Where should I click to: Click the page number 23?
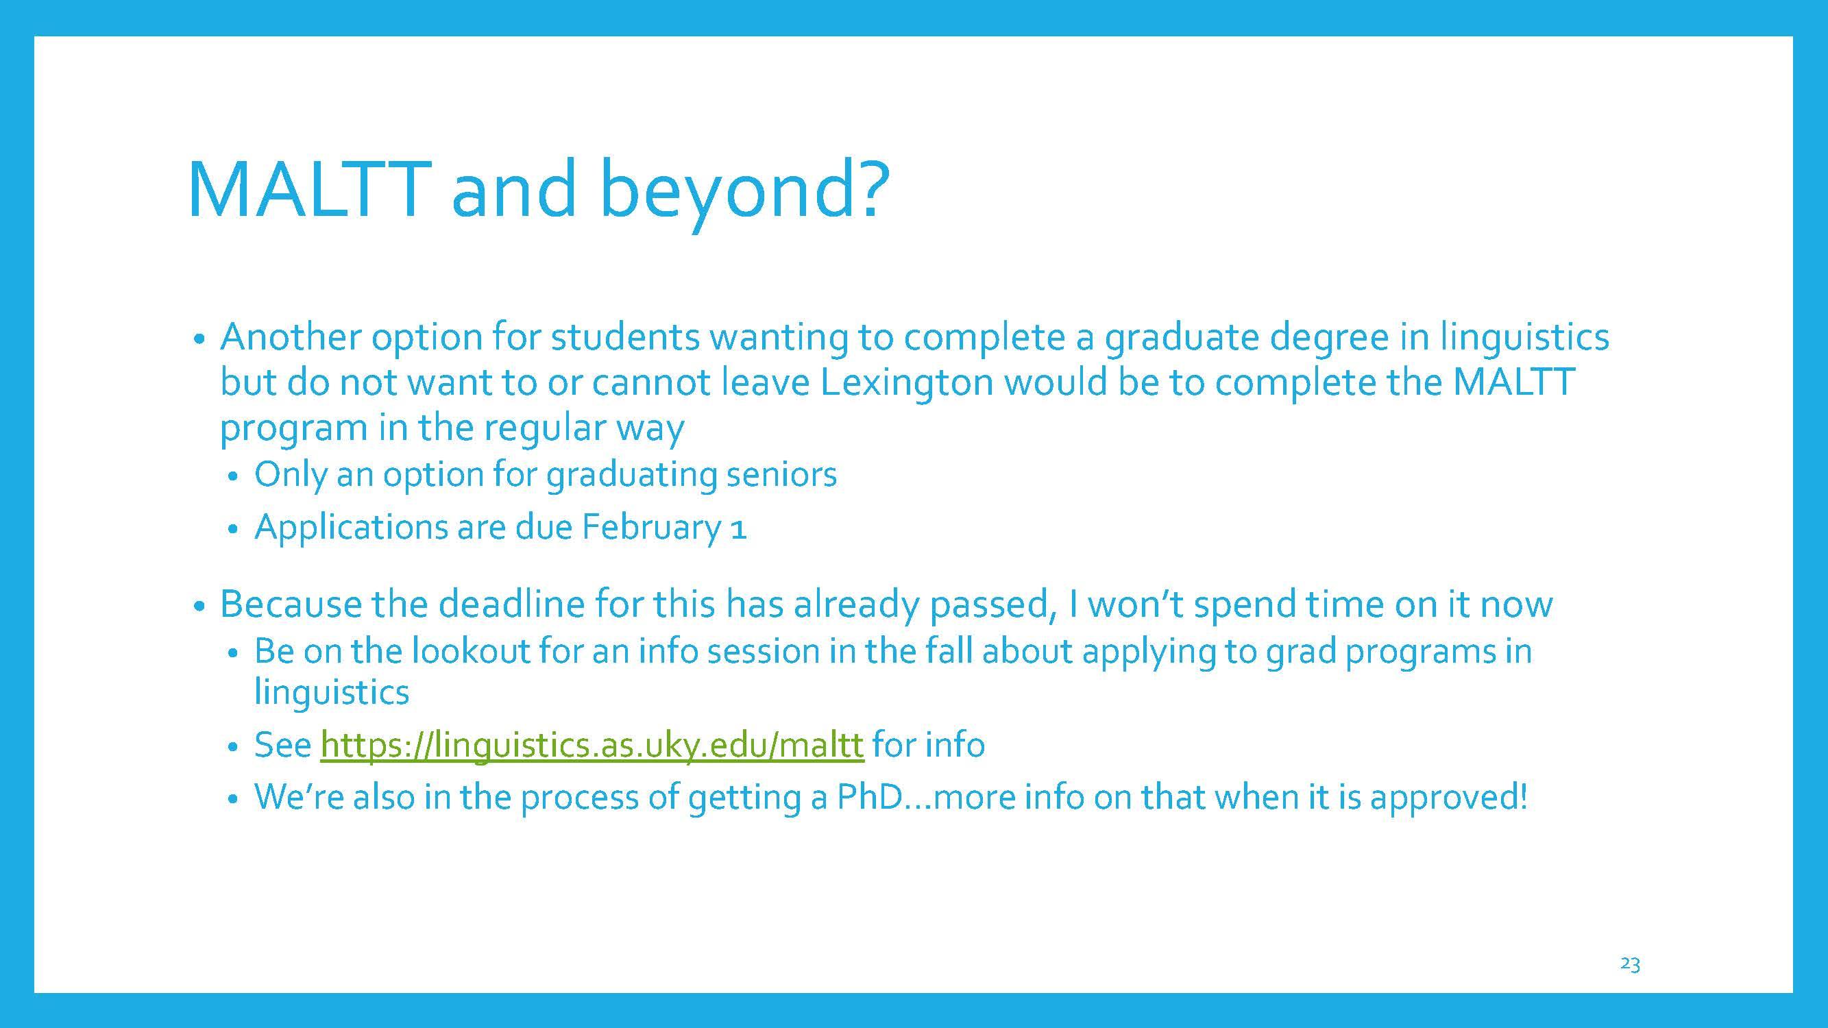[x=1630, y=964]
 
